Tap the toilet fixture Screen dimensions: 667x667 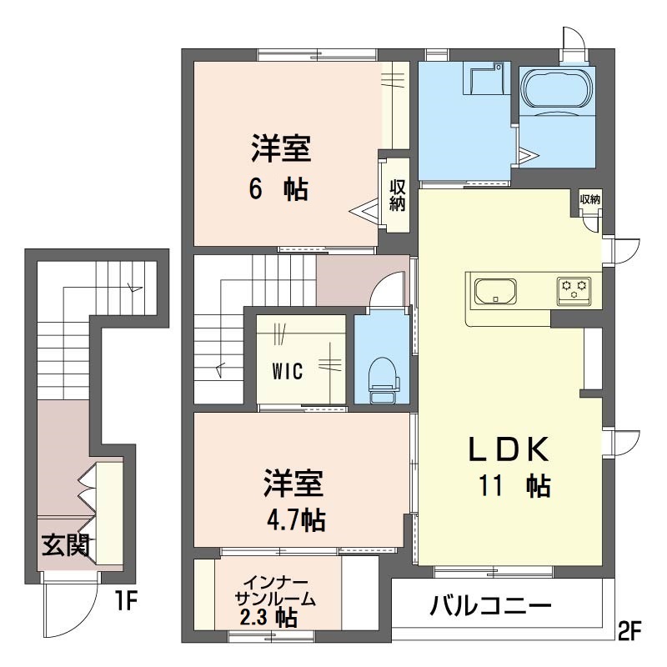[384, 380]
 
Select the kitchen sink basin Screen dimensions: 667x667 [495, 291]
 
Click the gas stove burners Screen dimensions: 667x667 [574, 291]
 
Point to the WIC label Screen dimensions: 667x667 [288, 371]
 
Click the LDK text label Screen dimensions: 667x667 [509, 449]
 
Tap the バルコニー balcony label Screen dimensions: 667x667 [490, 605]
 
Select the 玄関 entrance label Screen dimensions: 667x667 [66, 545]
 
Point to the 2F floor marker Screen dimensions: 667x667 [629, 631]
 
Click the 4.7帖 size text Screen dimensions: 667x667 [296, 519]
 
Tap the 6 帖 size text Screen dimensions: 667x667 [278, 189]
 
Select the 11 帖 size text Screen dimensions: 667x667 [515, 486]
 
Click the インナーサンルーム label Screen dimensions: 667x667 [275, 591]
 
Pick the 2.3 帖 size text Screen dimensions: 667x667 [268, 617]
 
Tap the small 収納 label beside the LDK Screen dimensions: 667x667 [590, 199]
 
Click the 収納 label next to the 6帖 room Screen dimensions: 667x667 [398, 195]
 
